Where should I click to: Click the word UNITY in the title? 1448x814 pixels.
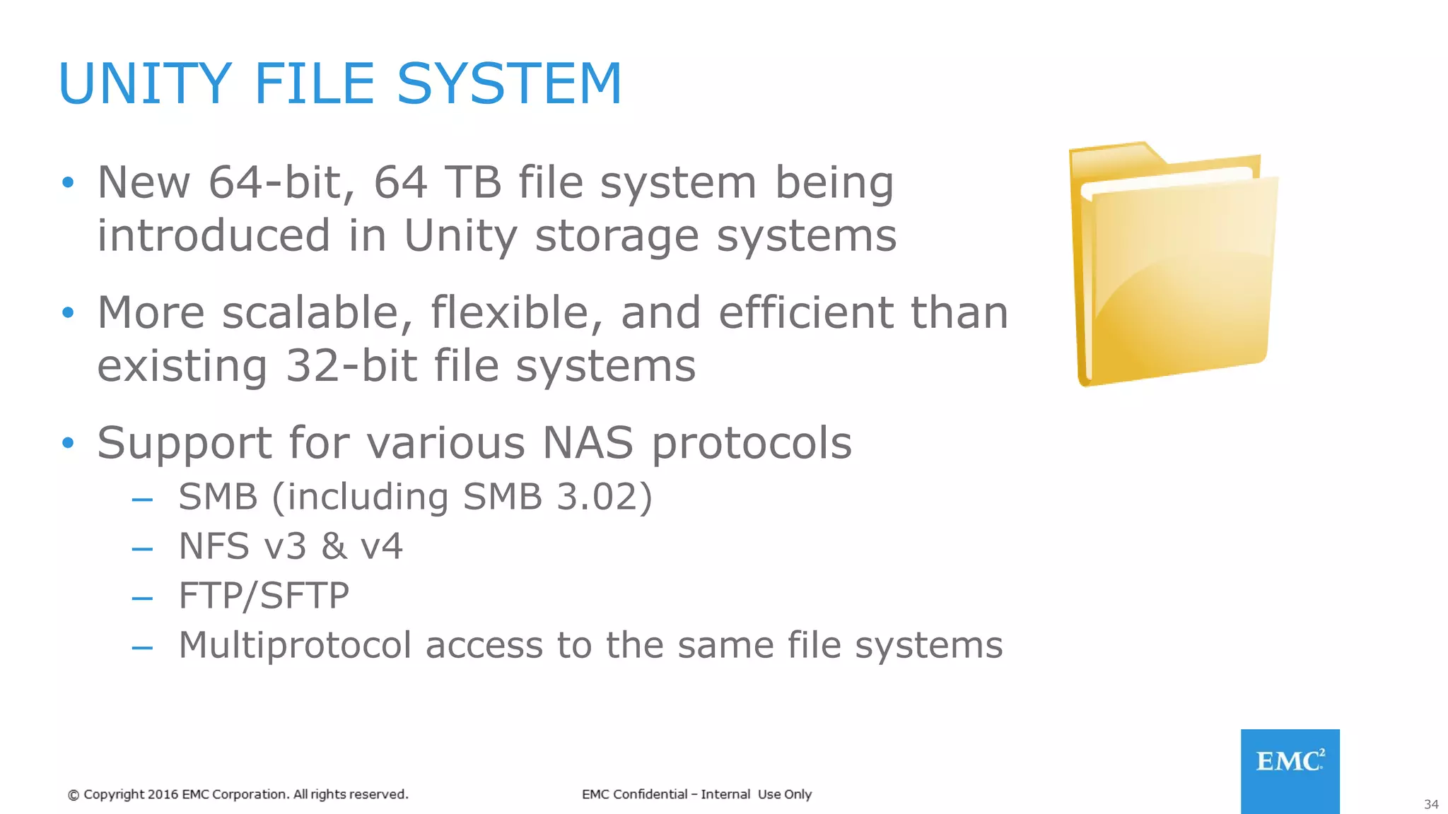(x=145, y=83)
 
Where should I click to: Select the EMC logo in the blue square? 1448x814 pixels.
(x=1290, y=762)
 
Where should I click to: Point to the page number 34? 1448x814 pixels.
(x=1431, y=805)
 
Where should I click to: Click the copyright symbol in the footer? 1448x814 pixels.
(x=74, y=795)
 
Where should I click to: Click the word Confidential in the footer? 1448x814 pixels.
(x=650, y=794)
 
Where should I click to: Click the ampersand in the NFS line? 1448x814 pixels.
(x=334, y=546)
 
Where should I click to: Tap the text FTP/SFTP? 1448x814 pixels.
(x=264, y=596)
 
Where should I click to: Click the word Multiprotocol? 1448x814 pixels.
(x=295, y=645)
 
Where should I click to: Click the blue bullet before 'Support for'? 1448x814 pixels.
(x=68, y=443)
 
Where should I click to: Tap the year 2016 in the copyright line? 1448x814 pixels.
(x=163, y=794)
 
